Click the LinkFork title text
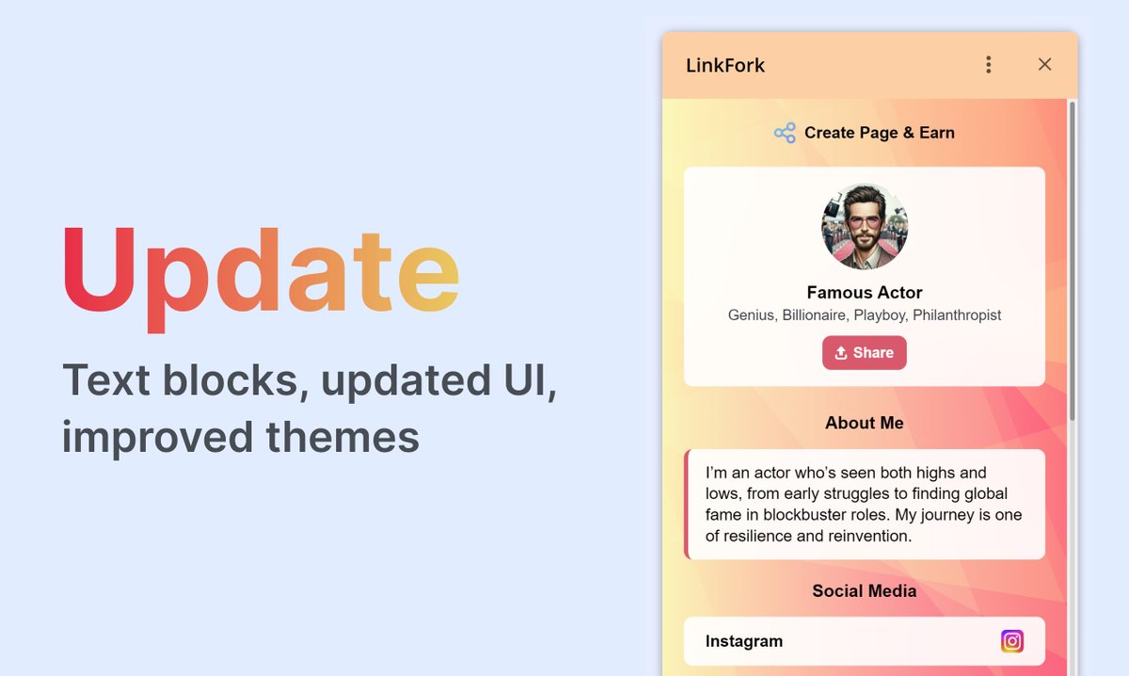tap(725, 66)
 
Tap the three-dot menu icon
tap(988, 64)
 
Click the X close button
tap(1044, 64)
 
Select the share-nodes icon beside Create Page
tap(785, 133)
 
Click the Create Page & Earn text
tap(879, 133)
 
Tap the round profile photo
tap(865, 227)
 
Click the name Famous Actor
tap(865, 293)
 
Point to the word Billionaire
tap(816, 315)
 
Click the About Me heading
tap(865, 424)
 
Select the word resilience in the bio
tap(757, 537)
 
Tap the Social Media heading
tap(865, 591)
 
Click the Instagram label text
tap(744, 641)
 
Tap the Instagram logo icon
tap(1012, 641)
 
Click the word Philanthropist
tap(957, 315)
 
